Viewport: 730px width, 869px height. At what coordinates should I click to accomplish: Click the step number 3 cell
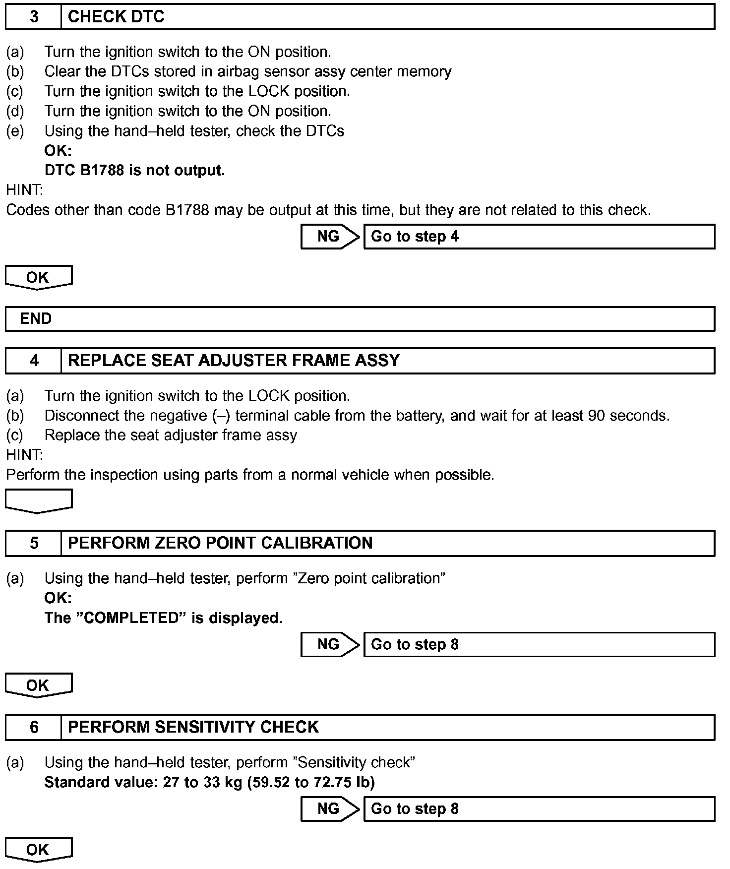tap(34, 17)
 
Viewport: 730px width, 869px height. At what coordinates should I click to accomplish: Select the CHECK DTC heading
tap(116, 17)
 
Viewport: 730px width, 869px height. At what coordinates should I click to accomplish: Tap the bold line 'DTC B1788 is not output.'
tap(134, 170)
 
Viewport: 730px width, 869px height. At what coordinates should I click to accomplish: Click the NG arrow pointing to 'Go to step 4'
tap(330, 237)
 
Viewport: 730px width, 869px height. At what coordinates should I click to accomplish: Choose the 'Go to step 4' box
tap(539, 237)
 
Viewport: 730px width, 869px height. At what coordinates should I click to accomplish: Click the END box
tap(360, 318)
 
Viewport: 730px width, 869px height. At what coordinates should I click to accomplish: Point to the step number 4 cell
tap(34, 360)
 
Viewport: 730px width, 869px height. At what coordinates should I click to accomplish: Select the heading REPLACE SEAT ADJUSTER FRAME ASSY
tap(234, 360)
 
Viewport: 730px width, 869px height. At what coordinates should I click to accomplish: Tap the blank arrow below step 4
tap(39, 500)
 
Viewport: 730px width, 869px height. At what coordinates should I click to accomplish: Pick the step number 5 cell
tap(34, 543)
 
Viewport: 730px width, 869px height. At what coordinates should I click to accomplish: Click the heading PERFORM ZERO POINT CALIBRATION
tap(220, 543)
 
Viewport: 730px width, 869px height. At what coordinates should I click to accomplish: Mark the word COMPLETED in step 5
tap(132, 618)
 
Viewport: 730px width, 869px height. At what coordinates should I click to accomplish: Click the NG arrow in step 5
tap(330, 644)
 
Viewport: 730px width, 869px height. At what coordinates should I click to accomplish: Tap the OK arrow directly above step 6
tap(39, 685)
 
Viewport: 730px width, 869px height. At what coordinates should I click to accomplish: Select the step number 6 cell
tap(34, 727)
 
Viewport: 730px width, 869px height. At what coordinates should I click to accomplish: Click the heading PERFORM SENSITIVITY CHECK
tap(193, 727)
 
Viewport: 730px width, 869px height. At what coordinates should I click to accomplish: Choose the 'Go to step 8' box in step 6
tap(539, 808)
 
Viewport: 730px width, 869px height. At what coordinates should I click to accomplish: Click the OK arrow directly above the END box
tap(39, 277)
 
